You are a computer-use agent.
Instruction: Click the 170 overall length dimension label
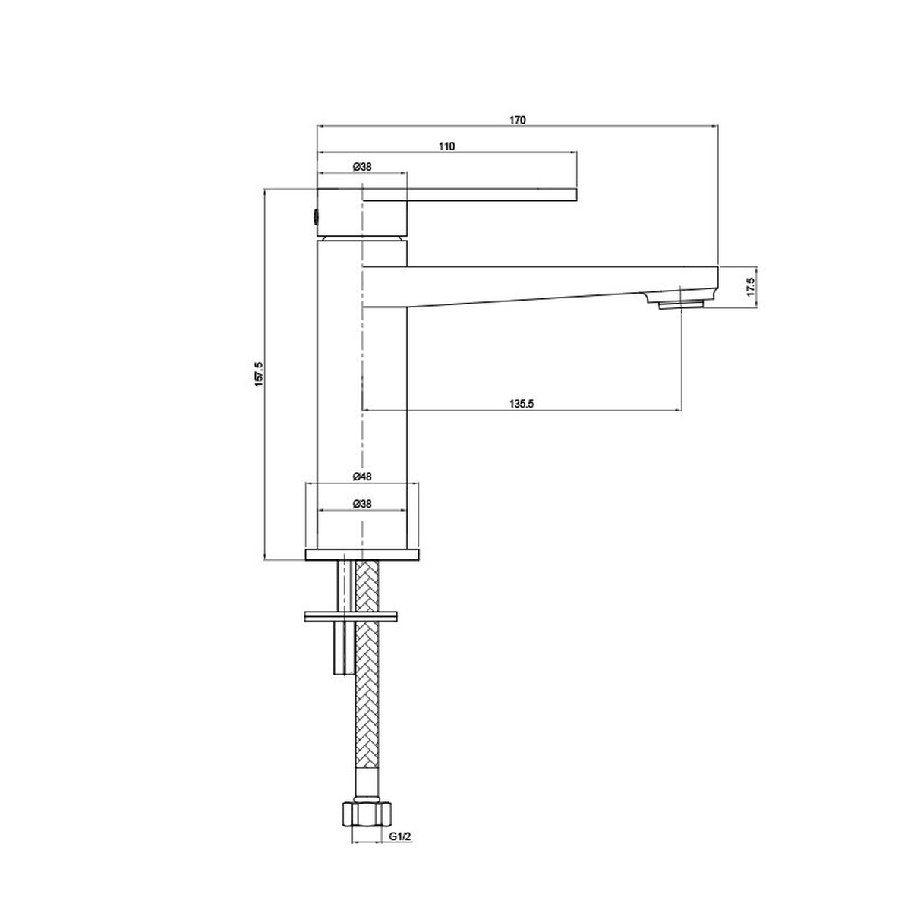(x=517, y=121)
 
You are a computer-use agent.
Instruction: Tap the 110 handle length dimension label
(x=446, y=146)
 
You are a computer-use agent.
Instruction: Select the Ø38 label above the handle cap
(x=362, y=167)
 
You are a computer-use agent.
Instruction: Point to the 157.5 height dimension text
(x=258, y=374)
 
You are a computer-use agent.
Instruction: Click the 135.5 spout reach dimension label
(x=522, y=404)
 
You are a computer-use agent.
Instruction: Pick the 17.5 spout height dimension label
(x=750, y=287)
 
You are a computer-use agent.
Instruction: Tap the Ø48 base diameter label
(x=362, y=477)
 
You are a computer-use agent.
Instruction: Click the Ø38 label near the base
(x=362, y=504)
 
